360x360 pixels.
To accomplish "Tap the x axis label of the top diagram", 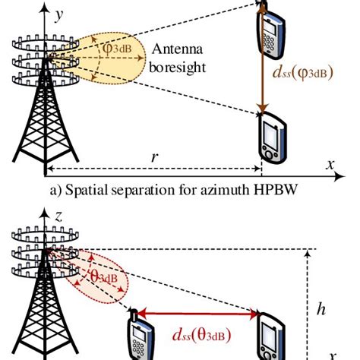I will coord(330,164).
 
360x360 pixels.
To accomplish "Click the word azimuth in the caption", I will coord(219,188).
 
